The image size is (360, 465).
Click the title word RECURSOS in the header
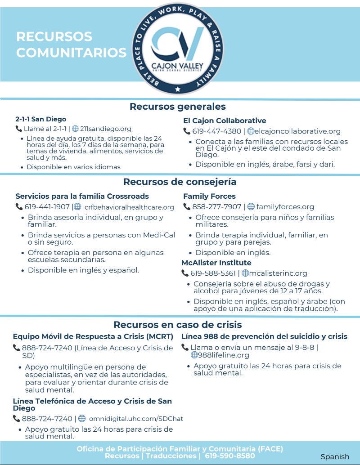(54, 36)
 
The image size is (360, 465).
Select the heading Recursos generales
(178, 107)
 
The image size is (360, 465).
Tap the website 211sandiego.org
(105, 129)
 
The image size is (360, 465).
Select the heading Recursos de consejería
(180, 182)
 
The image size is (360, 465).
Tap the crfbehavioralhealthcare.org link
(129, 207)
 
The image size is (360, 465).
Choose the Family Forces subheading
(209, 196)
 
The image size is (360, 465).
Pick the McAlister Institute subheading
(216, 263)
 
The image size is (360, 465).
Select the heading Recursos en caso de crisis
(178, 325)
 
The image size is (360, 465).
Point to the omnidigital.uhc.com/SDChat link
(136, 419)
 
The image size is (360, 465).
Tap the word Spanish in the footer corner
(335, 456)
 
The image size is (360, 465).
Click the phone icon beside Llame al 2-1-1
(19, 129)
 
